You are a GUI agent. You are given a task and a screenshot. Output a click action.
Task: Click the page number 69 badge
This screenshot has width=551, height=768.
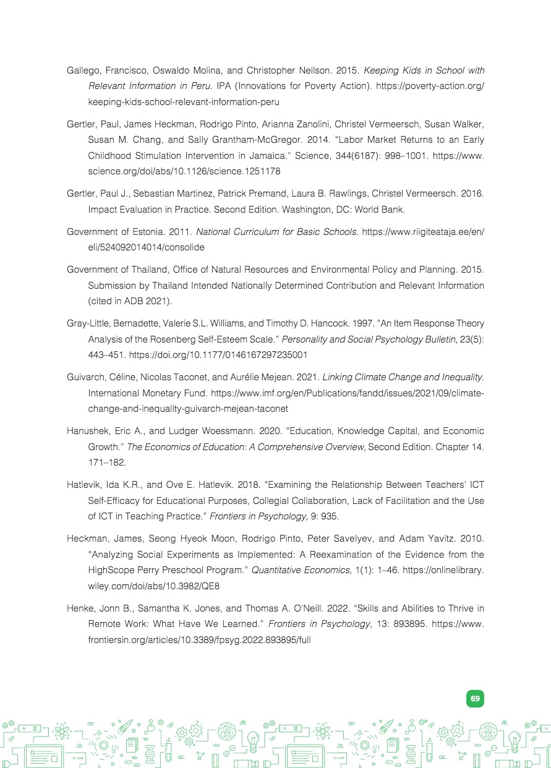click(475, 698)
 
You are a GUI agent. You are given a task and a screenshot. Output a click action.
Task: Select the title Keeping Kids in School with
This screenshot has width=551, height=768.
click(424, 70)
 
